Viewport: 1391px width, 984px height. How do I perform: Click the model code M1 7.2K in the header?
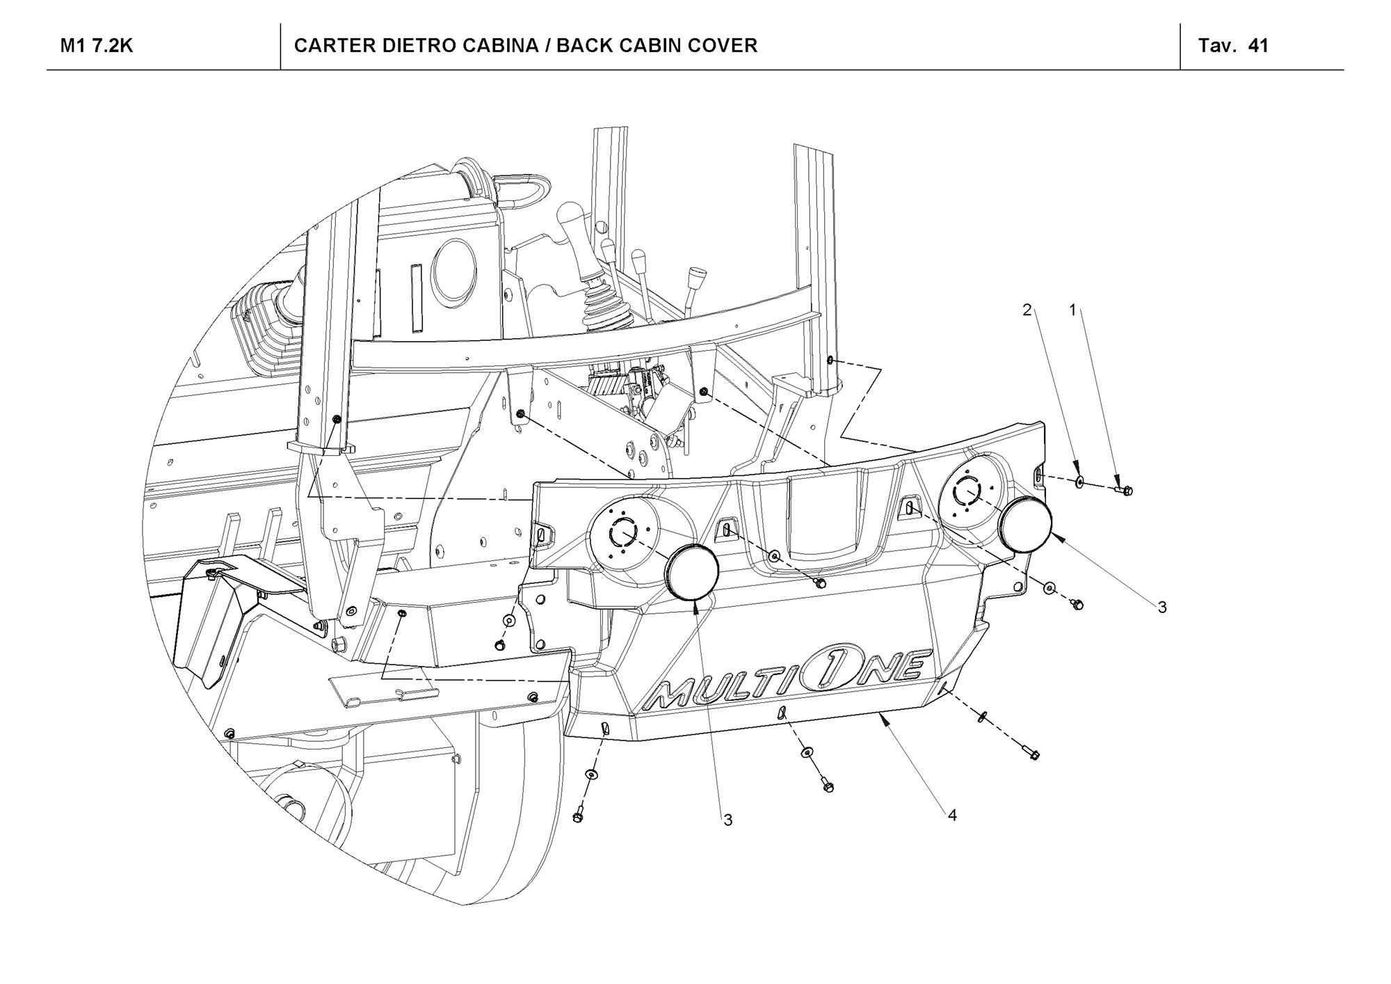[x=97, y=46]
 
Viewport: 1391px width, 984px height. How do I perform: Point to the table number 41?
[x=1258, y=46]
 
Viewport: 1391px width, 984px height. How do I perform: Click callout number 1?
[x=1072, y=310]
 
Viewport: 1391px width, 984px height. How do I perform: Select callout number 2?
[x=1027, y=310]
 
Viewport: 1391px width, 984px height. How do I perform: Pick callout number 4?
[x=952, y=815]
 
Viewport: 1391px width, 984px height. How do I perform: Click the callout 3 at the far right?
[x=1161, y=608]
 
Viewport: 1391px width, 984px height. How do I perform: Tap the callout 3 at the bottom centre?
[x=727, y=820]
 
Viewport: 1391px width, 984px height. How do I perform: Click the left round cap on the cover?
[x=691, y=572]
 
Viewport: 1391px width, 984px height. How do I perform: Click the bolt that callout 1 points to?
[x=1125, y=491]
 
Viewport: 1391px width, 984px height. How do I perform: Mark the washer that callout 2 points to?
[x=1079, y=481]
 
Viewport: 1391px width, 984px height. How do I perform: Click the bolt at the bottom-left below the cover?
[x=578, y=816]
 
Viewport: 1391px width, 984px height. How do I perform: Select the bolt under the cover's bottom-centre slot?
[x=826, y=786]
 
